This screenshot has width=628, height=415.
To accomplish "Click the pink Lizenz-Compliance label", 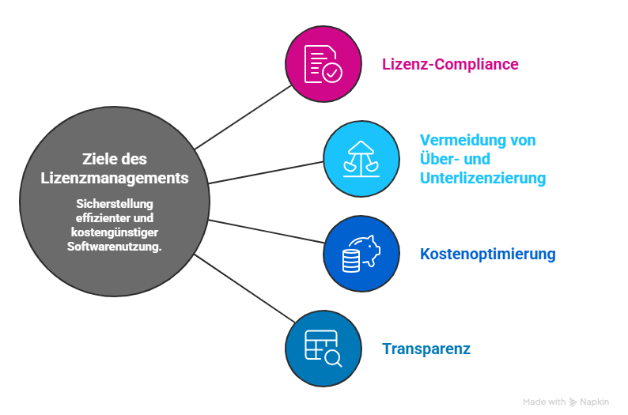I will (x=450, y=64).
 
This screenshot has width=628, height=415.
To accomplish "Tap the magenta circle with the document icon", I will (x=323, y=63).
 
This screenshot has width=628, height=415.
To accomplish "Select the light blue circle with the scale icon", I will (x=361, y=159).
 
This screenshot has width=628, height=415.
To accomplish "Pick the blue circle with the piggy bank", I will (x=361, y=254).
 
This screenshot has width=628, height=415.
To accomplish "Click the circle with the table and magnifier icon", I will (x=323, y=349).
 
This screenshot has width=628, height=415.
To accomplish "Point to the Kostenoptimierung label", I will (x=487, y=255).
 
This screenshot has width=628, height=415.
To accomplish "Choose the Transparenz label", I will (x=426, y=349).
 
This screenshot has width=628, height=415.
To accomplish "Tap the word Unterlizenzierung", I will (x=482, y=178).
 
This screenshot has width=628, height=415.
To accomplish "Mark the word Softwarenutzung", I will (x=114, y=247).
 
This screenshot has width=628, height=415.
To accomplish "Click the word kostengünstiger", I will (x=115, y=232).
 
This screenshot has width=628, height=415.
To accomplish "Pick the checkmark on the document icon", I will (x=332, y=74).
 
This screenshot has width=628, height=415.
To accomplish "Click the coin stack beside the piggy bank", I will (x=350, y=262).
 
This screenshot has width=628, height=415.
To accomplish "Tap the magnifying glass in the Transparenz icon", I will (x=333, y=359).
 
